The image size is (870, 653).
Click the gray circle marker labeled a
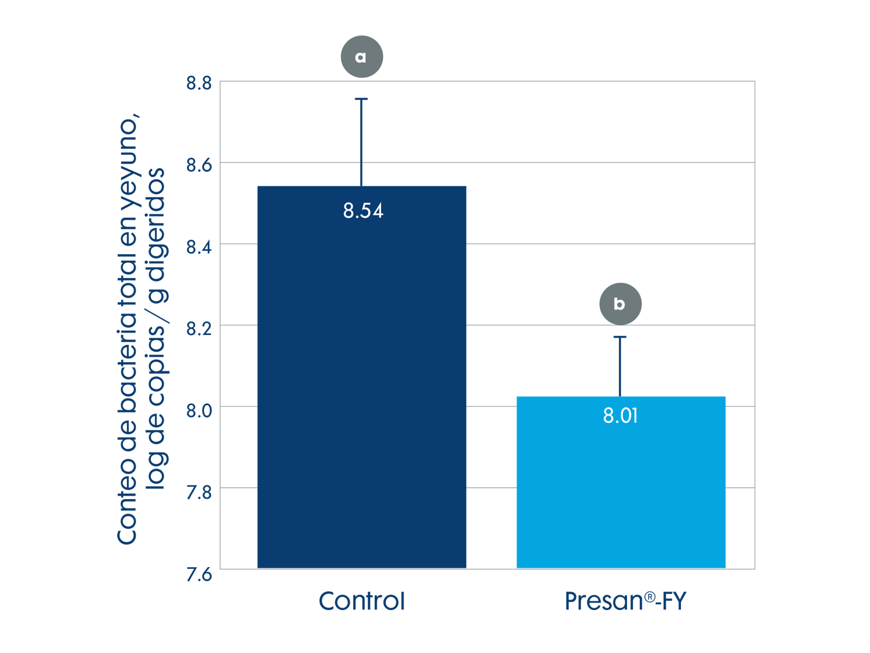tap(361, 57)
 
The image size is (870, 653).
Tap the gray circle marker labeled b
tap(620, 304)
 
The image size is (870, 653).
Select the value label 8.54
tap(363, 211)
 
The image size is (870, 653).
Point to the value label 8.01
tap(620, 416)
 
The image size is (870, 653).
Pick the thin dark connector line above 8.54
tap(361, 174)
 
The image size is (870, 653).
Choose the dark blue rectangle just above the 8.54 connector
tap(554, 129)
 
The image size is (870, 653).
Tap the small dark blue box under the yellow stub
tap(683, 365)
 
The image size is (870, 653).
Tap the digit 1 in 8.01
tap(635, 416)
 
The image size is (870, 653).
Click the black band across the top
tap(435, 16)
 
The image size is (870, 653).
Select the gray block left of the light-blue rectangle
tap(491, 406)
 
